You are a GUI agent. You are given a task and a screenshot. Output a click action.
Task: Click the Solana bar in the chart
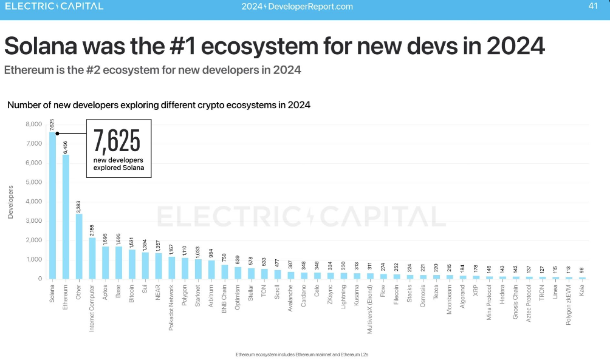52,206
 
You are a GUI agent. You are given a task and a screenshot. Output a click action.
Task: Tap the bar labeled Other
79,246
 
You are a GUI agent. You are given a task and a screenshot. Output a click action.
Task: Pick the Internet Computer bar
92,258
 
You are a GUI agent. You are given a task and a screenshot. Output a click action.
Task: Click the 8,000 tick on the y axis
33,124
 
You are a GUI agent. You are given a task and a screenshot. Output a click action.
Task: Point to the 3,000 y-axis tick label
33,221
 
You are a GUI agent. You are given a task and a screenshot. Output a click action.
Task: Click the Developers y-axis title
10,202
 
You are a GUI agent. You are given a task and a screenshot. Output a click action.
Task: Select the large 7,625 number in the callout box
117,141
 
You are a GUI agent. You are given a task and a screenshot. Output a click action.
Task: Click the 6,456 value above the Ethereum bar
66,148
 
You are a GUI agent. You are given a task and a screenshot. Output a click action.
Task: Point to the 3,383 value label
79,206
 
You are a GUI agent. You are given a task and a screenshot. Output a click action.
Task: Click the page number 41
593,7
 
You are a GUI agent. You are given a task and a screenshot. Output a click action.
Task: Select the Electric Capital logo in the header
54,7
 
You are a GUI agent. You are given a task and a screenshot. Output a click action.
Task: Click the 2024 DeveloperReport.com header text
296,7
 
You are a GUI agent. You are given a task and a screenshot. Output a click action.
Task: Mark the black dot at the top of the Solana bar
57,134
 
